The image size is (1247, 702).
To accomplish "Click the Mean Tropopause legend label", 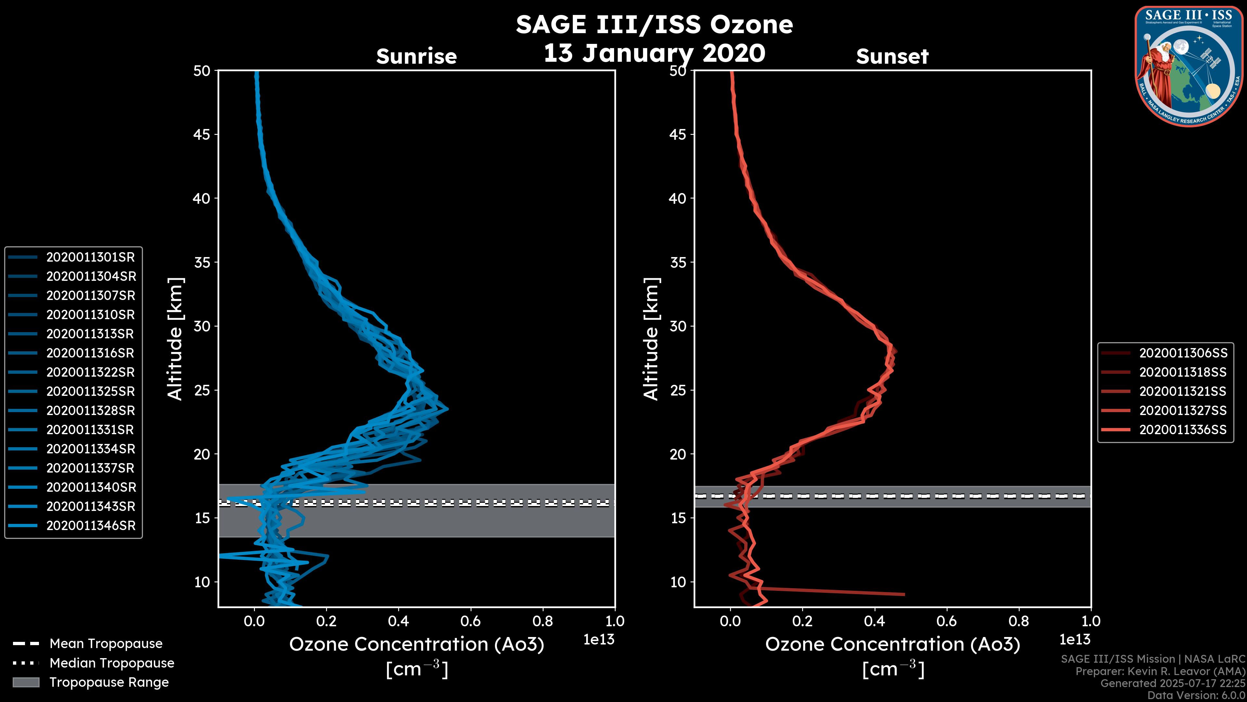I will [x=106, y=643].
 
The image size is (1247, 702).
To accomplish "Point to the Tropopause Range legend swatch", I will [x=26, y=682].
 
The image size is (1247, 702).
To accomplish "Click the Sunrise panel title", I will [x=416, y=57].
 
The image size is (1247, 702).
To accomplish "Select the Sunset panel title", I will [x=892, y=57].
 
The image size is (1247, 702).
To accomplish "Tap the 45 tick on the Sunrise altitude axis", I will [x=202, y=135].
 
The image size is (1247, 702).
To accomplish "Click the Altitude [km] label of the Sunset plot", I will [x=651, y=339].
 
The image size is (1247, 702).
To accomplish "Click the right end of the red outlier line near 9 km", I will [x=903, y=594].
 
